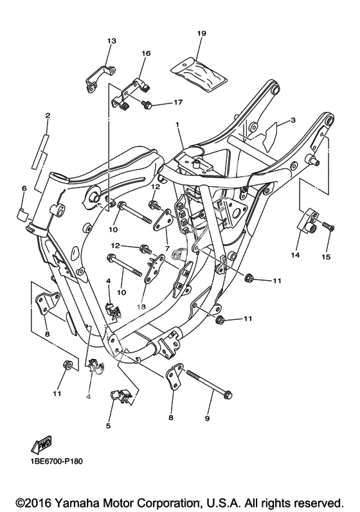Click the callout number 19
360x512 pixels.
202,33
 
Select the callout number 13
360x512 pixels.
112,41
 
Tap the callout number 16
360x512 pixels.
146,53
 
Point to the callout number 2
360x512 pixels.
48,115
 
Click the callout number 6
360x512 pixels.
24,188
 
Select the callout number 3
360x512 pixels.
292,120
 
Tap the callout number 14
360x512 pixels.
295,254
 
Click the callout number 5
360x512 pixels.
108,426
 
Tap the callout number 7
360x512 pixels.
167,249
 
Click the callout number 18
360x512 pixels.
141,307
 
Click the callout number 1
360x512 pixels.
177,125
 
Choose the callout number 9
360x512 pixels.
207,418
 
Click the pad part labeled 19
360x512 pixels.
199,73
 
